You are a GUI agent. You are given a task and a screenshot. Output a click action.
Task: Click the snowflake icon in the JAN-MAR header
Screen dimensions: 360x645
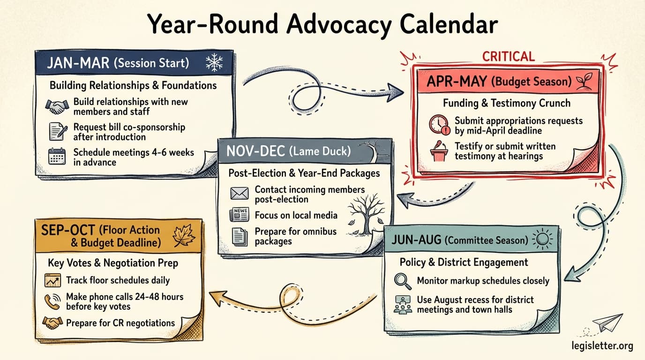pos(214,63)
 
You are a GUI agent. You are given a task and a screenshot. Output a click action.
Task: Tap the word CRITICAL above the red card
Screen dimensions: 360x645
pos(509,57)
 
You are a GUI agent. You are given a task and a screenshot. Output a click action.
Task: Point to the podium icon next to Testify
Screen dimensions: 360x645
pos(439,151)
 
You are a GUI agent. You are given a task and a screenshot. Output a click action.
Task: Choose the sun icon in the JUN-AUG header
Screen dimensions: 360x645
pos(543,240)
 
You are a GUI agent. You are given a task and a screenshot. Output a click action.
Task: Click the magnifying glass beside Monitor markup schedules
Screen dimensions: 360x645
pos(403,281)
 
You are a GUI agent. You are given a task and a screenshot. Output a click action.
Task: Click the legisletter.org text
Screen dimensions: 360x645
pos(602,346)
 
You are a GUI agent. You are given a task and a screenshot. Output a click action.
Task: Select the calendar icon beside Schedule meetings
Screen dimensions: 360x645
pos(57,157)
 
